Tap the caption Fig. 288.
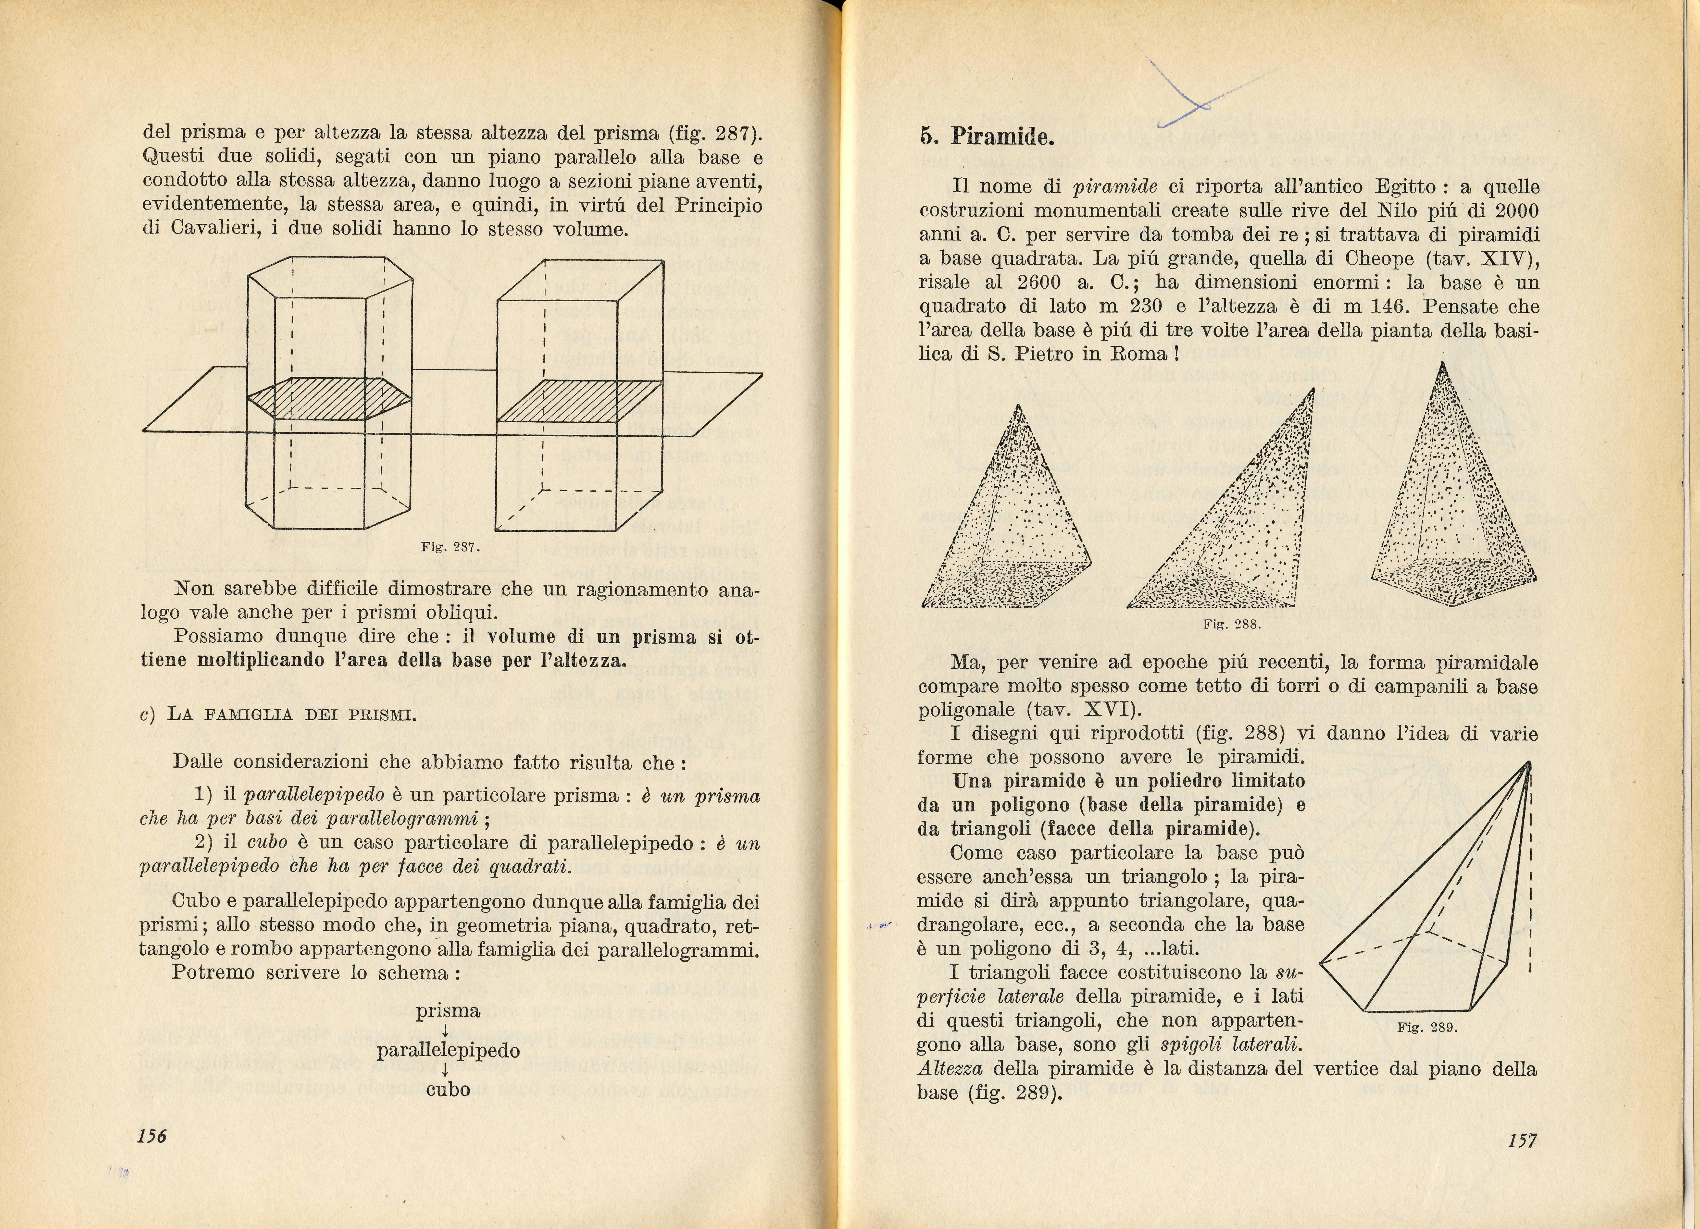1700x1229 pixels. pos(1231,624)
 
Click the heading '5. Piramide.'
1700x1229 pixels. pos(987,137)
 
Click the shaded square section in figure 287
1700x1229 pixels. pos(579,401)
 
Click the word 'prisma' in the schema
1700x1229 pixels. pos(448,1011)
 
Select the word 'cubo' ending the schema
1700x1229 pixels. pos(448,1090)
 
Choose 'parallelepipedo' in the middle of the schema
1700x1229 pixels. pos(448,1051)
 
